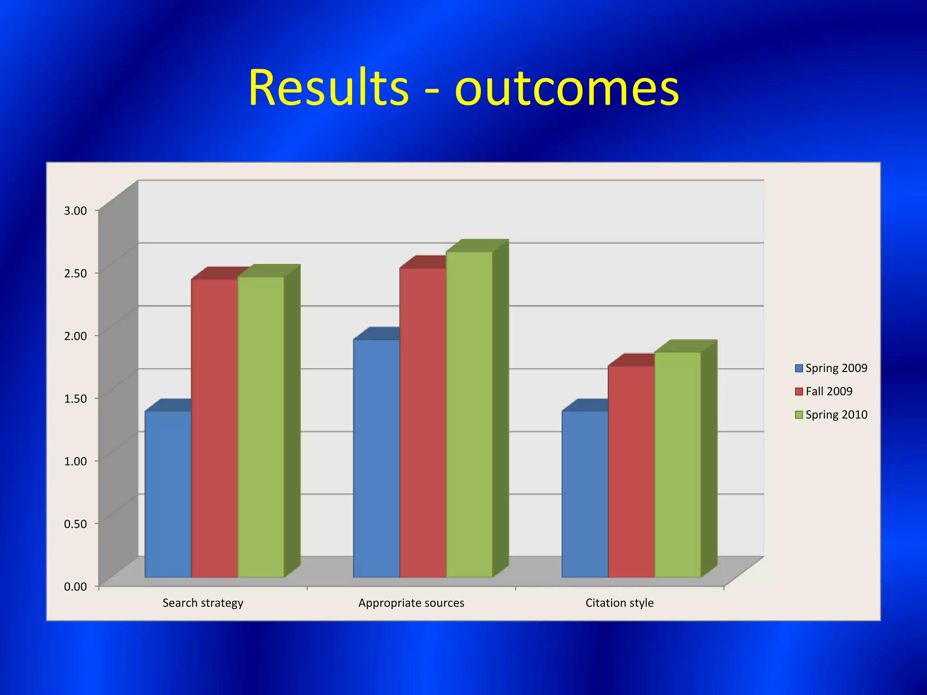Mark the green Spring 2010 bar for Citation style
(x=678, y=464)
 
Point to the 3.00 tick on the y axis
(x=76, y=210)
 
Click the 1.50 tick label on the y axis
(x=76, y=399)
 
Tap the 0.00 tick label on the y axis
(x=76, y=587)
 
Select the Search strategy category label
(x=203, y=603)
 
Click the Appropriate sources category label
(x=411, y=603)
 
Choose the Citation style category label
(x=619, y=603)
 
